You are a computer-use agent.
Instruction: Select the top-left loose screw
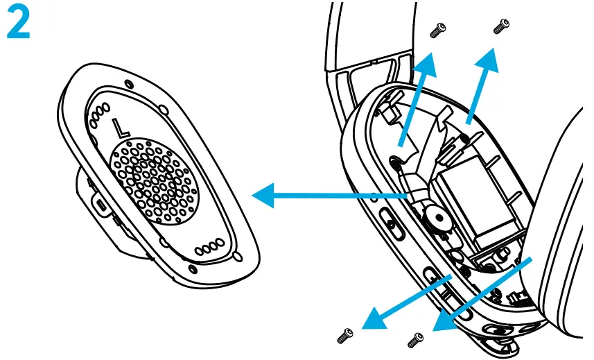click(x=437, y=28)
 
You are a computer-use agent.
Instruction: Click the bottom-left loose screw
click(x=344, y=336)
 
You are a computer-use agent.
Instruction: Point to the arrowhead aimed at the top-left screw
click(x=428, y=61)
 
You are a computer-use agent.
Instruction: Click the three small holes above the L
click(x=101, y=111)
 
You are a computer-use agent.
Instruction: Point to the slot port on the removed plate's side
click(x=101, y=206)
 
